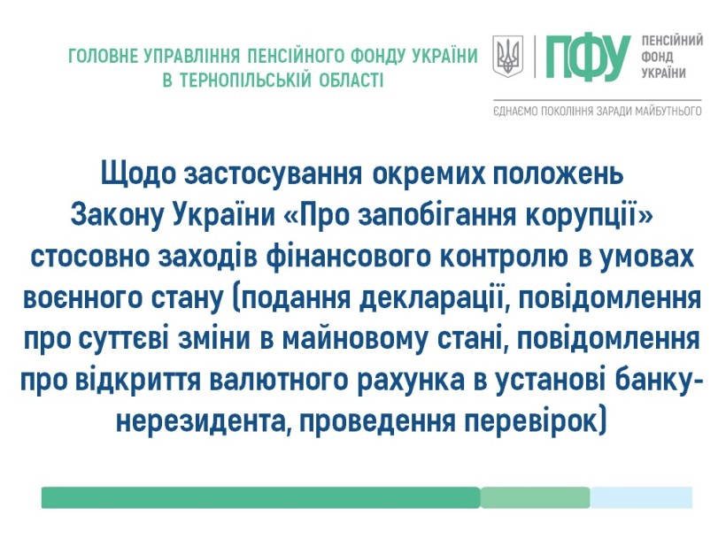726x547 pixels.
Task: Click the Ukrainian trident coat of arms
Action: coord(507,57)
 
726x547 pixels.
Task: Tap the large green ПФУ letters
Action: coord(588,57)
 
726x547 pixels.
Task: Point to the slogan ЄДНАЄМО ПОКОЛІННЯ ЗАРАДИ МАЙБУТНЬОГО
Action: coord(598,112)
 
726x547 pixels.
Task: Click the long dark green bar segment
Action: coord(260,497)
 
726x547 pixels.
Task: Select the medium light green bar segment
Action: coord(536,497)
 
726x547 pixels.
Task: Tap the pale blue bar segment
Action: coord(641,497)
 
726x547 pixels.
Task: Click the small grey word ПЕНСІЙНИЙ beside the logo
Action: coord(672,40)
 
